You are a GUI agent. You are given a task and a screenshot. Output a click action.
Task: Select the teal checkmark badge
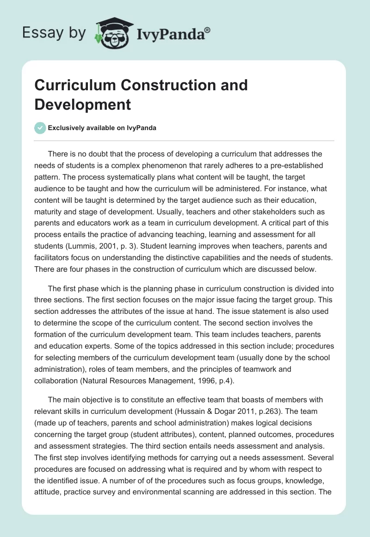click(x=40, y=128)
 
